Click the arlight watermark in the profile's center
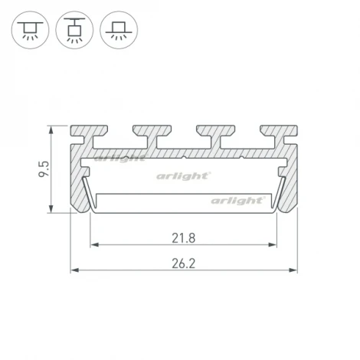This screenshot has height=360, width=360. (x=184, y=176)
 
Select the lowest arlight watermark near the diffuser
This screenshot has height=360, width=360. (x=237, y=201)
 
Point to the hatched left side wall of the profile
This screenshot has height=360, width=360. (x=79, y=184)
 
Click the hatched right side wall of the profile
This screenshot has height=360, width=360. (x=289, y=184)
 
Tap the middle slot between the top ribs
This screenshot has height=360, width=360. (x=178, y=137)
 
